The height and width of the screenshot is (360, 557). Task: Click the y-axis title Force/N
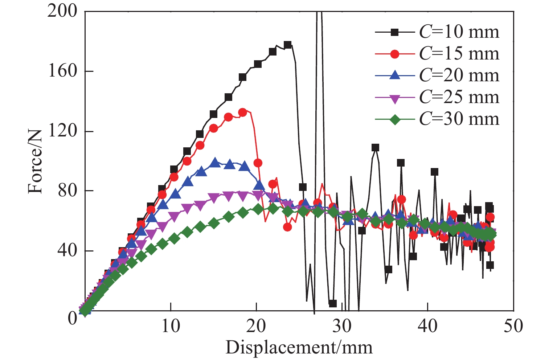pos(35,161)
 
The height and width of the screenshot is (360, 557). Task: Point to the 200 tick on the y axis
pos(62,12)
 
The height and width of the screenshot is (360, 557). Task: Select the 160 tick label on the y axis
pos(62,71)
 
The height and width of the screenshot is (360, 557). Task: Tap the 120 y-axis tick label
pos(62,131)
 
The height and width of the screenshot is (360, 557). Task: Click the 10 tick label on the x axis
pos(170,326)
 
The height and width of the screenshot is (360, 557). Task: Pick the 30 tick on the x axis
pos(342,326)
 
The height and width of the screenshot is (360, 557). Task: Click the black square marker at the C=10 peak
pos(288,45)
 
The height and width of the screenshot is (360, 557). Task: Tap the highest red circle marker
pos(243,112)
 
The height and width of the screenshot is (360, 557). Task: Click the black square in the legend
pos(395,32)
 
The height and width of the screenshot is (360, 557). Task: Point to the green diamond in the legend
pos(395,119)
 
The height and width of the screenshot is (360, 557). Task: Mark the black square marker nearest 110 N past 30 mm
pos(375,147)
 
